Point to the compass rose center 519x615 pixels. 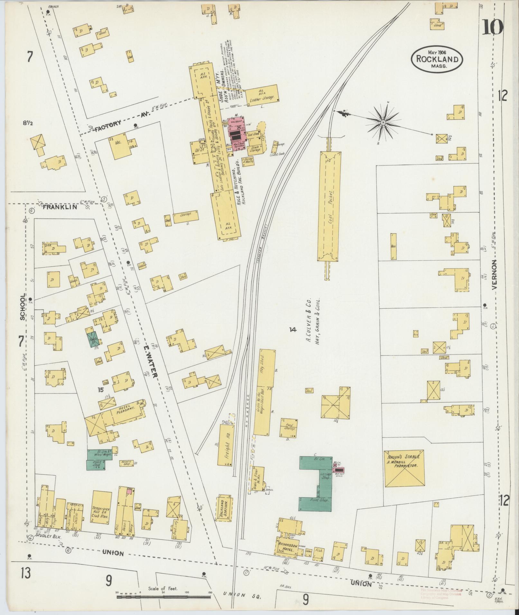(383, 123)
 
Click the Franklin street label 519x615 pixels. (60, 207)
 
